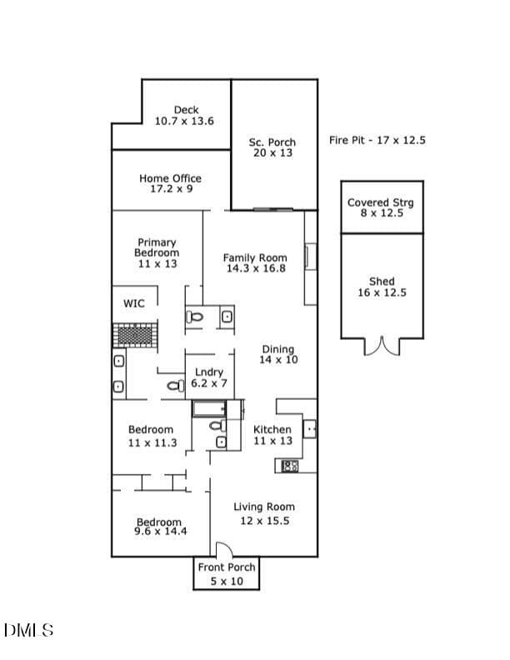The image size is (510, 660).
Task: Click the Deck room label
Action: (186, 110)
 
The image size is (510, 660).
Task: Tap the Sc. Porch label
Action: (272, 142)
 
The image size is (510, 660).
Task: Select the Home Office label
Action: (171, 178)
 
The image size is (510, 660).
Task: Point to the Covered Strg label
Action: (380, 202)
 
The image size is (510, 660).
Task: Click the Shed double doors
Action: (382, 346)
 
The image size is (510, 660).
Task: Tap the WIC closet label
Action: (134, 303)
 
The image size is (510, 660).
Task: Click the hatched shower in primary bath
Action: (136, 335)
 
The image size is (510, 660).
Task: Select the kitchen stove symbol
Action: (290, 466)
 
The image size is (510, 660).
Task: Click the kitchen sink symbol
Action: (310, 429)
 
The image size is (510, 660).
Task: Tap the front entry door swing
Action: (224, 549)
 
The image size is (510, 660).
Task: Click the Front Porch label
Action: (227, 567)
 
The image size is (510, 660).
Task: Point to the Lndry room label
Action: (209, 372)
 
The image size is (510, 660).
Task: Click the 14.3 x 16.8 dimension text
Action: (256, 268)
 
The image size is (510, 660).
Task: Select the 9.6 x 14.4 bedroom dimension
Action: (160, 531)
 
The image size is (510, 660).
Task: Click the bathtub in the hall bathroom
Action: (209, 408)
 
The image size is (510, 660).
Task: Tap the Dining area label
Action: (277, 349)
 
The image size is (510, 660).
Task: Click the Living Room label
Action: (264, 507)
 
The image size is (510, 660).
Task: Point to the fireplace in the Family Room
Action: (311, 257)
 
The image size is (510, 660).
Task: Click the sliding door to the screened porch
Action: (273, 209)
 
